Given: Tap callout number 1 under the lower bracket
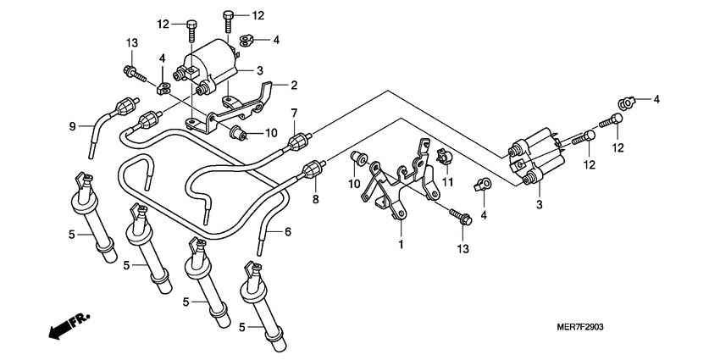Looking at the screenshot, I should pos(402,244).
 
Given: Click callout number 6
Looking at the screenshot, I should pos(287,231).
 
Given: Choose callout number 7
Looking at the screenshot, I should pos(294,114).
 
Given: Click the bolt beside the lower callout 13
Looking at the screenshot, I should pos(461,216).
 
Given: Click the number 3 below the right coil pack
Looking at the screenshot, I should pos(539,204).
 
